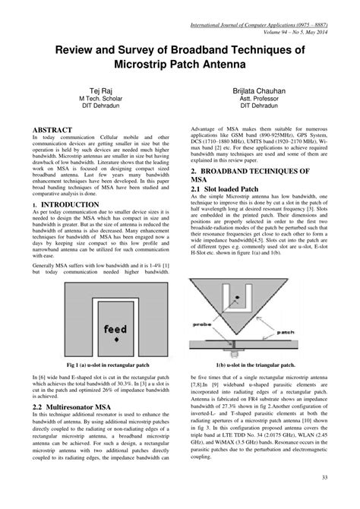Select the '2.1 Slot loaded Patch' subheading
click(x=231, y=188)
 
